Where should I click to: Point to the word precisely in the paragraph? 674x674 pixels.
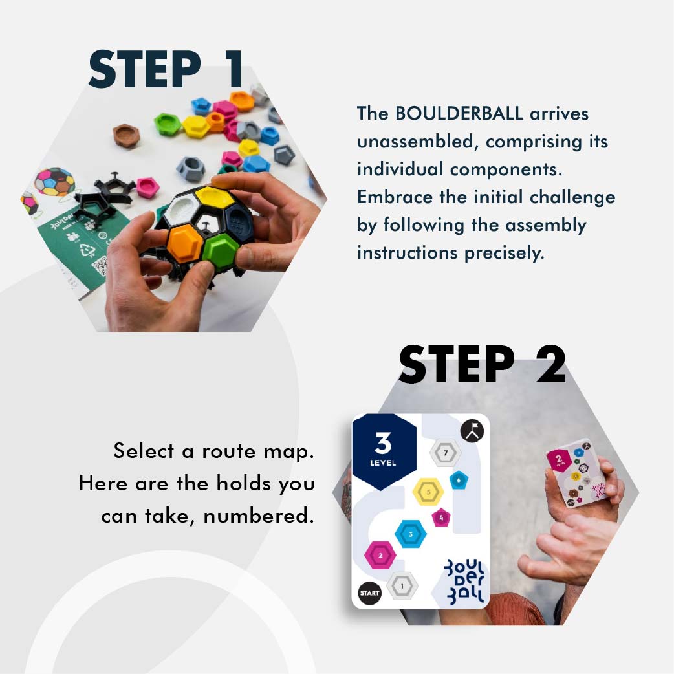[x=505, y=253]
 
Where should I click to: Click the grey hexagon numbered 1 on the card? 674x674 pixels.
[x=402, y=586]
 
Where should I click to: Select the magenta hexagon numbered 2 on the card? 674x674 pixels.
[x=380, y=555]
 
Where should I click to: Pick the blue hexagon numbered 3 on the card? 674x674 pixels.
[x=411, y=534]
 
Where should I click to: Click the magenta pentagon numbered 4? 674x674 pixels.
[x=441, y=517]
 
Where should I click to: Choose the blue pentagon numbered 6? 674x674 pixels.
[x=458, y=480]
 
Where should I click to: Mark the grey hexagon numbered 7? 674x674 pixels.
[x=446, y=453]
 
